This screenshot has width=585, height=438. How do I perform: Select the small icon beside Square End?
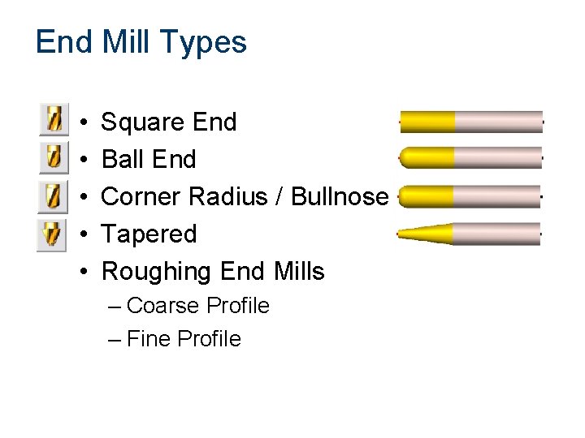[53, 120]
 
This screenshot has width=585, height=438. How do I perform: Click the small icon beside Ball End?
[53, 157]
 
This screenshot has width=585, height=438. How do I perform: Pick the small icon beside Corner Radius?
[53, 195]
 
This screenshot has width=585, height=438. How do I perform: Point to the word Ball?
[121, 159]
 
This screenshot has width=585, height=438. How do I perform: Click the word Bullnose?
[339, 196]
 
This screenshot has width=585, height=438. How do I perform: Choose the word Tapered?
[149, 234]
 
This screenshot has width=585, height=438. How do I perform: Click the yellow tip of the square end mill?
[427, 122]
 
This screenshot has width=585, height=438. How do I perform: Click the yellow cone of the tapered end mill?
[427, 234]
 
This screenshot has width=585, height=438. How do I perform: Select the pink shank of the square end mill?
[497, 122]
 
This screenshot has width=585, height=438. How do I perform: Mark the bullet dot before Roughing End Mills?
[86, 272]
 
